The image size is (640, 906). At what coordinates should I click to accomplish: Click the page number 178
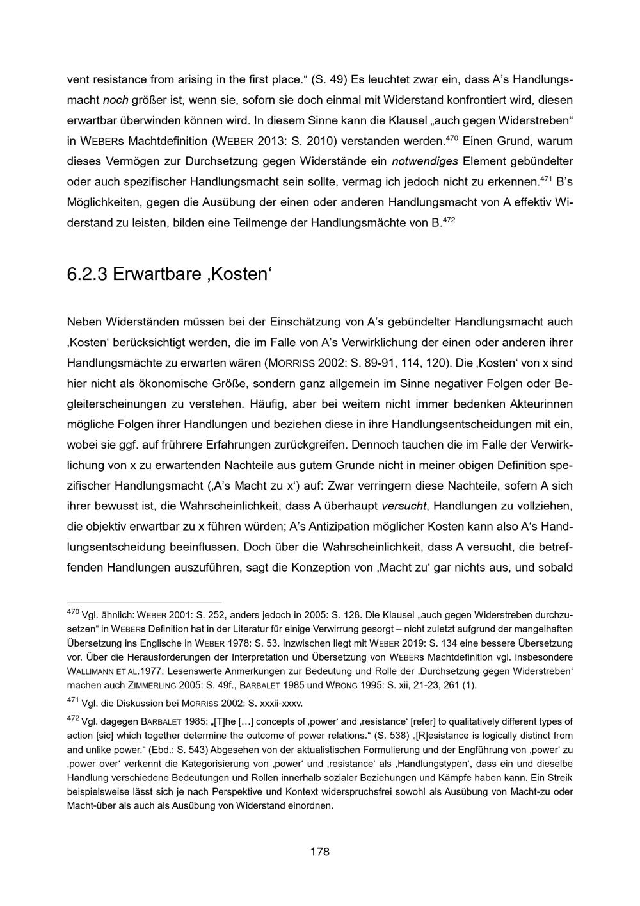(319, 852)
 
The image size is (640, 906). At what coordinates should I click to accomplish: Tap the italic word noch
(116, 100)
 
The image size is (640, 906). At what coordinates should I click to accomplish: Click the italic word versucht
(404, 506)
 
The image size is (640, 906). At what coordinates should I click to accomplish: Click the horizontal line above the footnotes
(144, 602)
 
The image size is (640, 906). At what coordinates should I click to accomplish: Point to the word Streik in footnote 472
(559, 778)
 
